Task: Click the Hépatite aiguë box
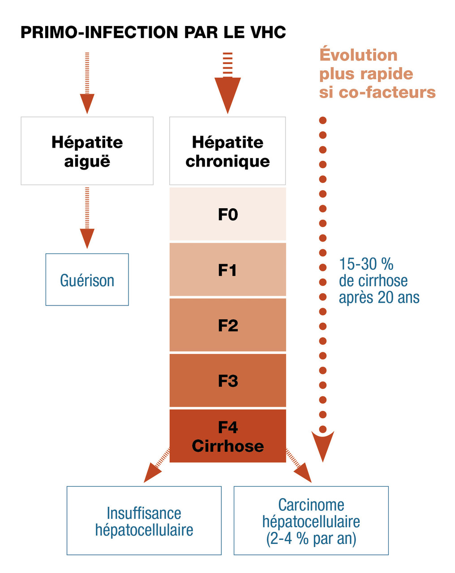pyautogui.click(x=87, y=151)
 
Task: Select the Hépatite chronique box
pyautogui.click(x=227, y=151)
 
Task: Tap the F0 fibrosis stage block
pyautogui.click(x=227, y=214)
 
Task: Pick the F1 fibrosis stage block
pyautogui.click(x=227, y=270)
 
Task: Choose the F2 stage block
pyautogui.click(x=227, y=325)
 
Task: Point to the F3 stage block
pyautogui.click(x=227, y=381)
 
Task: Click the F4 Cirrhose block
pyautogui.click(x=227, y=436)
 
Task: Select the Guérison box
pyautogui.click(x=87, y=280)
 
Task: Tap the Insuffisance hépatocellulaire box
pyautogui.click(x=144, y=521)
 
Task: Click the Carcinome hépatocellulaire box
pyautogui.click(x=311, y=521)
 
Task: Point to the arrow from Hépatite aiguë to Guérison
pyautogui.click(x=87, y=218)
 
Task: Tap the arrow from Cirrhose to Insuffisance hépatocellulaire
pyautogui.click(x=156, y=467)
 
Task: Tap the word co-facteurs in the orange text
pyautogui.click(x=387, y=92)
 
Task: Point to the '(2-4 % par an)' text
pyautogui.click(x=311, y=539)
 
